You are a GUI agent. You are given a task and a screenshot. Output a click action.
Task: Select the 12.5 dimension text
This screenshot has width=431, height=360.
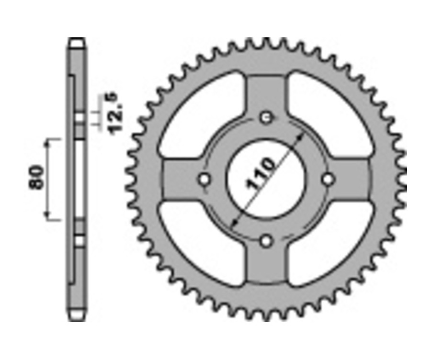pyautogui.click(x=116, y=112)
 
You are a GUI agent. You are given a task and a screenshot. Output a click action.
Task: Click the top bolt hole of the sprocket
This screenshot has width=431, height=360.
pyautogui.click(x=266, y=117)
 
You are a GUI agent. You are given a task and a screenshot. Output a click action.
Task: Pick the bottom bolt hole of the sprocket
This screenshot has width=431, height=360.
pyautogui.click(x=266, y=241)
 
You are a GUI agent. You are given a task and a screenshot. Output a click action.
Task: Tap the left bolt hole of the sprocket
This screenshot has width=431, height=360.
pyautogui.click(x=204, y=180)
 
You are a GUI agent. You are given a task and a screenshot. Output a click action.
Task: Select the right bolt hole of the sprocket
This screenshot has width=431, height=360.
pyautogui.click(x=328, y=180)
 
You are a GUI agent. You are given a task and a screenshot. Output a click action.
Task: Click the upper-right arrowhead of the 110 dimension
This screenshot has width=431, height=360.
pyautogui.click(x=301, y=136)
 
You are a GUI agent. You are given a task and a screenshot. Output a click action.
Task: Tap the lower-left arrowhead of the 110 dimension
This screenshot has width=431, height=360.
pyautogui.click(x=233, y=223)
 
